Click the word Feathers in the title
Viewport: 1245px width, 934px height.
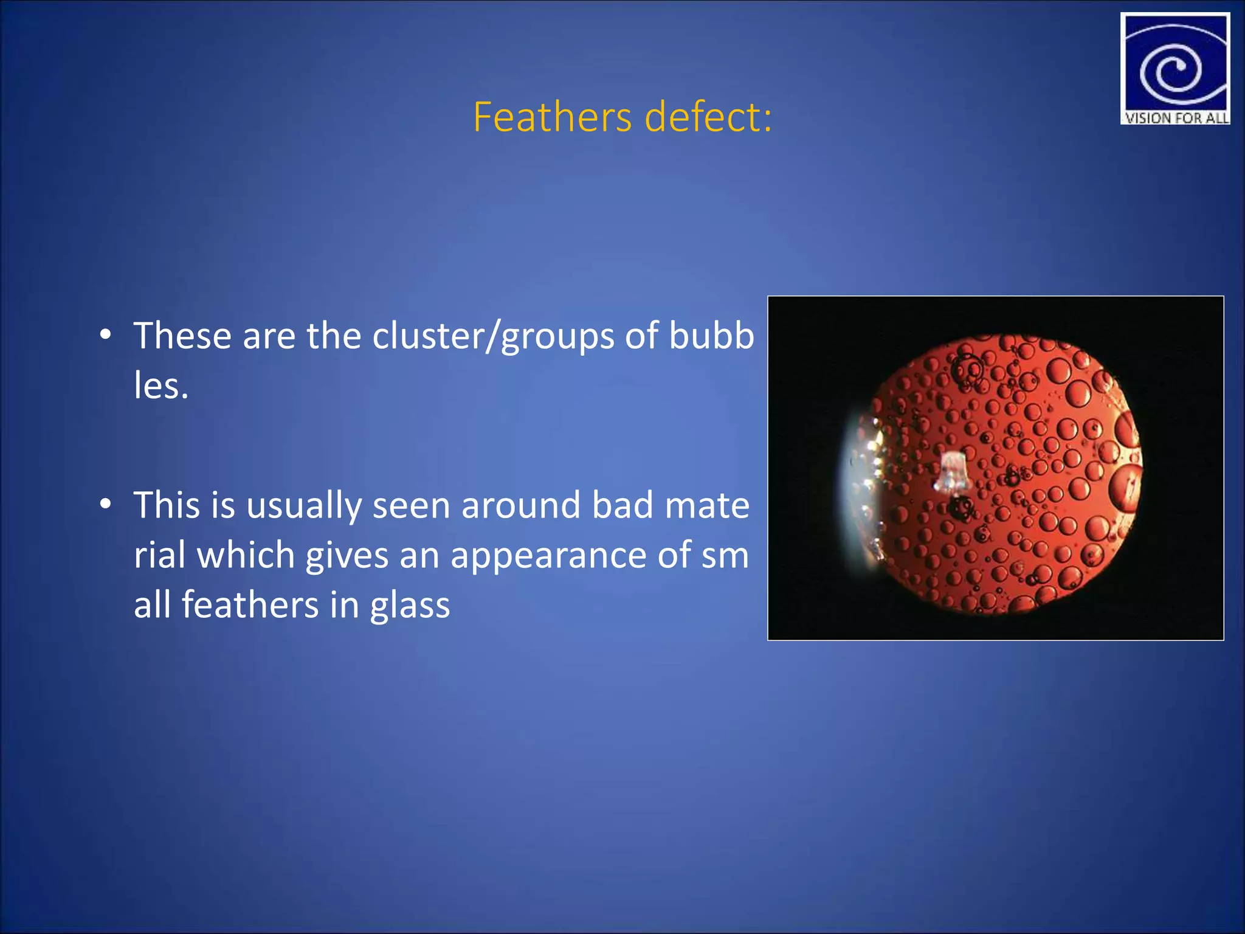pyautogui.click(x=552, y=117)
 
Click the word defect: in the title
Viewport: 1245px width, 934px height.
pyautogui.click(x=708, y=117)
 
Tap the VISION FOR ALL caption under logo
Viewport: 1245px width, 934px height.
pyautogui.click(x=1176, y=118)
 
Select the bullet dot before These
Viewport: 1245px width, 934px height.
pyautogui.click(x=106, y=335)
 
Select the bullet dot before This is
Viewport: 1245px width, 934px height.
pyautogui.click(x=106, y=504)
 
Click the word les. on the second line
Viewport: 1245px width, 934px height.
pyautogui.click(x=161, y=386)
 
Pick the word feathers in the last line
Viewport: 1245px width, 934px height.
pyautogui.click(x=250, y=605)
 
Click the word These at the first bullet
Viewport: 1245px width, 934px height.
pyautogui.click(x=182, y=336)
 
